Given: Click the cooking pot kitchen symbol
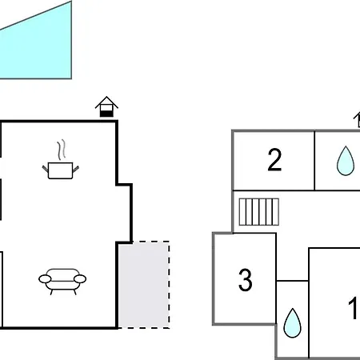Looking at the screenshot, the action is [61, 170].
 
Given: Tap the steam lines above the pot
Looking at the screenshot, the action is [62, 150].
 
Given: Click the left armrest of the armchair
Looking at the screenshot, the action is [45, 279].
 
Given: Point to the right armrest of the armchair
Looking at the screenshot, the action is [80, 279].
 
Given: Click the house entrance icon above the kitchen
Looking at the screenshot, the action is [106, 106].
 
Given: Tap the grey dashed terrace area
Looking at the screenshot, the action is [144, 285].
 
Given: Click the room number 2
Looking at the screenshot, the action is [274, 160].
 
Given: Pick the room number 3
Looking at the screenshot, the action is [246, 280].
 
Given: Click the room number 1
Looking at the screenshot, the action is [353, 308].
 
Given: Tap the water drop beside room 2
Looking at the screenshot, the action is [346, 161].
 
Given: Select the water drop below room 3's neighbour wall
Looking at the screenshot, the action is [293, 323].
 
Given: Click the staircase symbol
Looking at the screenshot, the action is [259, 212].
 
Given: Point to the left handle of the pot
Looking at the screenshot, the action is [45, 169].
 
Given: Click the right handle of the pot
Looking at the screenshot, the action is [76, 169].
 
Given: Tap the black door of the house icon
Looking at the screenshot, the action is [106, 114].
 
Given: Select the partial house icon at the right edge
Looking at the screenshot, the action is [357, 119].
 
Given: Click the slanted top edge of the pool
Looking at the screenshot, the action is [36, 15].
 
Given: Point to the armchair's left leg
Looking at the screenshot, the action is [51, 292].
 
